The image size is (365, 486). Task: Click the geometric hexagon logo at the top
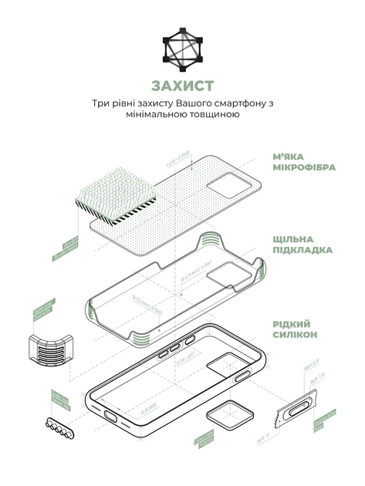(x=182, y=48)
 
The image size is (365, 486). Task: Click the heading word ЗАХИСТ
(x=182, y=86)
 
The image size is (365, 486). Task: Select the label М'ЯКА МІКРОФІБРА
(x=303, y=160)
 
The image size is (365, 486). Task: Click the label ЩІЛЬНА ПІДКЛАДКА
(x=302, y=245)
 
